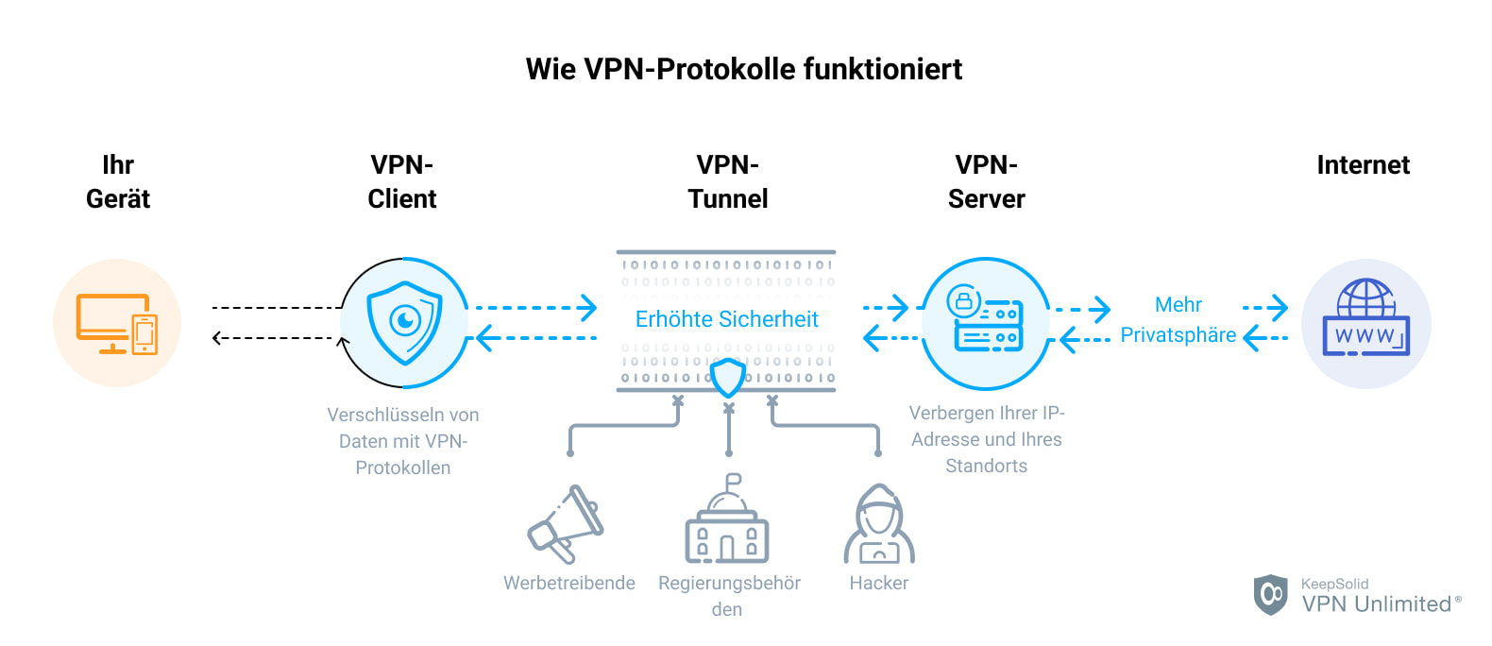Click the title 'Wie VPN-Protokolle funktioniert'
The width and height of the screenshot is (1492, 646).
point(744,69)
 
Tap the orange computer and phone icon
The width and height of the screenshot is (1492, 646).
point(117,323)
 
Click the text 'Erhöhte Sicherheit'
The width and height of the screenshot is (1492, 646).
point(726,319)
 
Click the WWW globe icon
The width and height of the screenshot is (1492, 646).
point(1365,319)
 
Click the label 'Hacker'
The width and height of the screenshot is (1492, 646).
point(878,583)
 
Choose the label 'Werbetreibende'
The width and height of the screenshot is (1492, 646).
point(568,583)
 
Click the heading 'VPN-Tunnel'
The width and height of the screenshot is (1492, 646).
point(727,182)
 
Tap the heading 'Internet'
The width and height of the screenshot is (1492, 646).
point(1363,165)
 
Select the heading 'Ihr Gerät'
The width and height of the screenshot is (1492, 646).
point(118,182)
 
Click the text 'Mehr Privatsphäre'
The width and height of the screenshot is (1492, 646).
point(1178,320)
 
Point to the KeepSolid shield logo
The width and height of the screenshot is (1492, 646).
point(1270,594)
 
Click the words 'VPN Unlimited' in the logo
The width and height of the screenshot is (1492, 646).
point(1376,603)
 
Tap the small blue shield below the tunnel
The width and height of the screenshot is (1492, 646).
point(727,378)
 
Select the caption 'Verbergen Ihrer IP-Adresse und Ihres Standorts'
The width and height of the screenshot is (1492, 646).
point(986,439)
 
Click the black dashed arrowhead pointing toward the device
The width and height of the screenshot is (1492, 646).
point(217,338)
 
